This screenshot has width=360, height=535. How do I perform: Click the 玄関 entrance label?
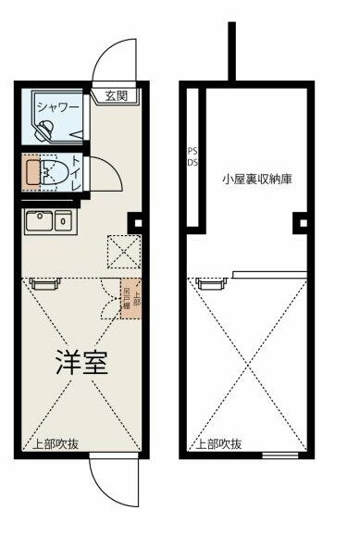(116, 94)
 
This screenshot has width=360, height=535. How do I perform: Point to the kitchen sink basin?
(39, 220)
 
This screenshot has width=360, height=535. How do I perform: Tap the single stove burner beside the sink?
(63, 220)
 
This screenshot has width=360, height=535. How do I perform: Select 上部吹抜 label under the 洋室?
(56, 443)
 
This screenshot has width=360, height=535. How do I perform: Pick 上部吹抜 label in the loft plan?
(218, 443)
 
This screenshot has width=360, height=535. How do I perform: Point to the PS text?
(192, 151)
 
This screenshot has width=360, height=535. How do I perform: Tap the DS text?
(192, 163)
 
